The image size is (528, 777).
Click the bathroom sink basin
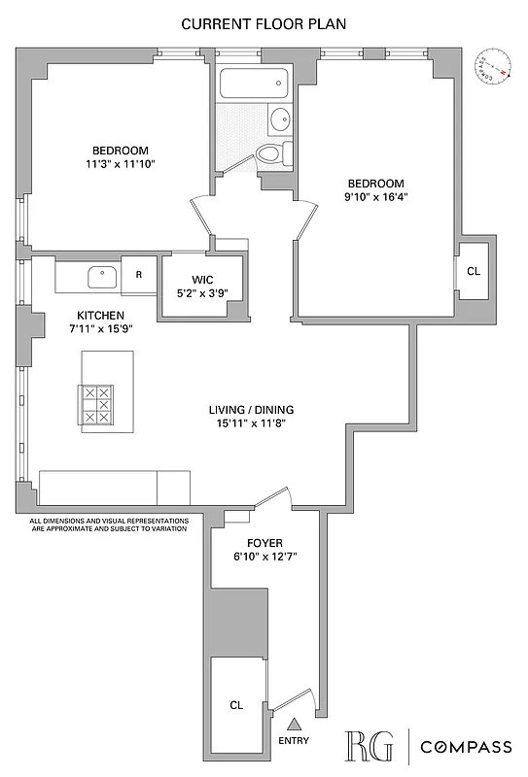coord(279,120)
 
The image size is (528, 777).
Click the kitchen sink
coord(101,277)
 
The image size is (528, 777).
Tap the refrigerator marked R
coord(139,275)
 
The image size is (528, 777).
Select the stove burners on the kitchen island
coord(98,404)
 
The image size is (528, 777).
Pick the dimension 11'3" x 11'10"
coord(121,164)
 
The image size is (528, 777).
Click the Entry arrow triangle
coord(294,723)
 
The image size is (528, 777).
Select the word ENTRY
coord(294,740)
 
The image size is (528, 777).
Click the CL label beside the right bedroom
coord(474,272)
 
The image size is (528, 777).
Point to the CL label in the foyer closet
coord(236,705)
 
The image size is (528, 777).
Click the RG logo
coord(370,746)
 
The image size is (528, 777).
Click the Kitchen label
coord(101,315)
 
